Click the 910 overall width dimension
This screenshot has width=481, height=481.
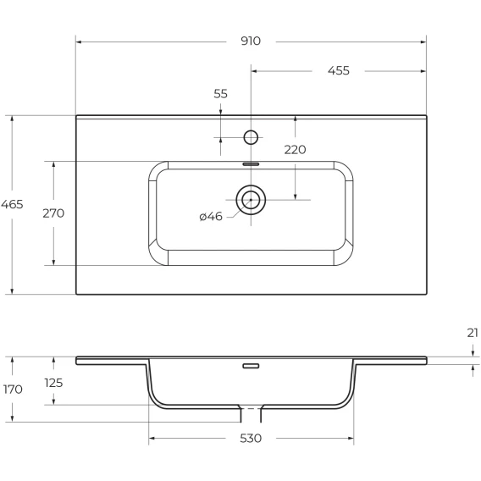[251, 41]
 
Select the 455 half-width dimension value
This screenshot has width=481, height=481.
[339, 70]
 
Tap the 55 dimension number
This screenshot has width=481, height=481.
[220, 93]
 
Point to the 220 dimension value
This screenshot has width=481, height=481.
[295, 150]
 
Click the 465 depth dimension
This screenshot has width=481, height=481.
[12, 204]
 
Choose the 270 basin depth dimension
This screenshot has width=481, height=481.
[53, 213]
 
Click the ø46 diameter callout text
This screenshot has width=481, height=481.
[210, 217]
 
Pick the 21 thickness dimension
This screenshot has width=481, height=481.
[473, 333]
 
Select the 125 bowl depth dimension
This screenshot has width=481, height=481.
[53, 383]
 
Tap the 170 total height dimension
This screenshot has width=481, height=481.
[13, 390]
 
